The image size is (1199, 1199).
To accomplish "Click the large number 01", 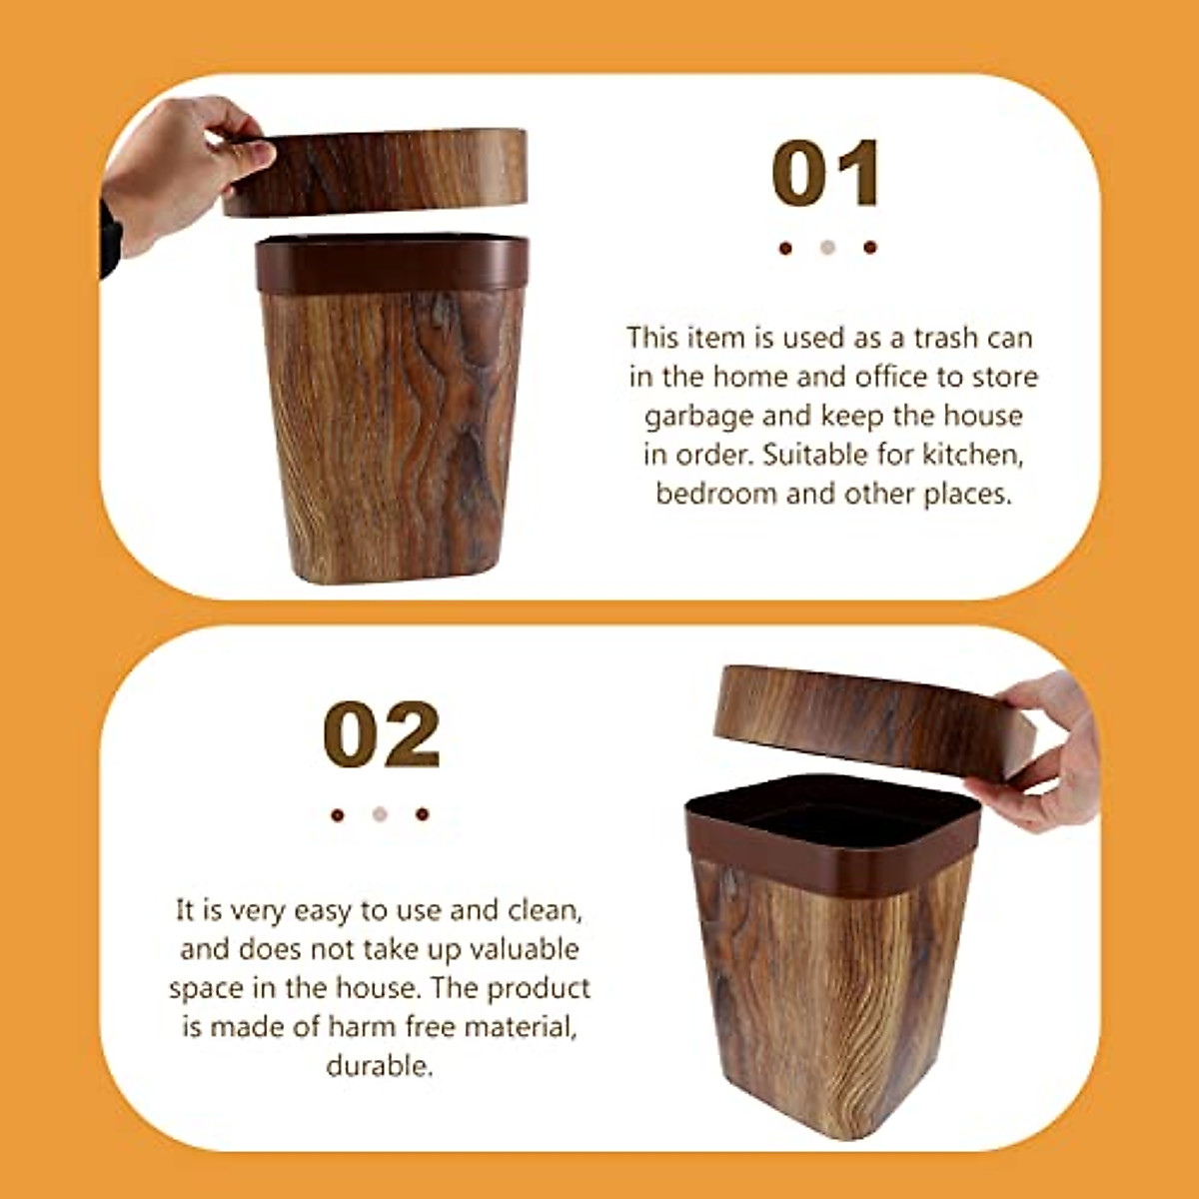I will [826, 174].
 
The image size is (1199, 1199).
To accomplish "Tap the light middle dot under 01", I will [827, 248].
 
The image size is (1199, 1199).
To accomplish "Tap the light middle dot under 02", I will [380, 814].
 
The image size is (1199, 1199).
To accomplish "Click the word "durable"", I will [380, 1066].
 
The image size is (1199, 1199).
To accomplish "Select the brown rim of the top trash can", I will [392, 265].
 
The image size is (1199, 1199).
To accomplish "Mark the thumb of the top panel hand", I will [245, 155].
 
